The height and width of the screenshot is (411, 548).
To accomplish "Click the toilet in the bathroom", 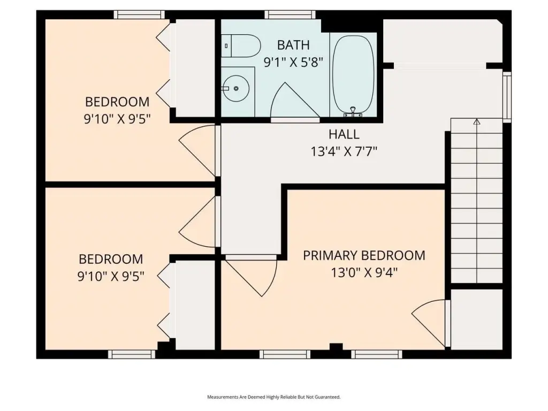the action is click(x=241, y=46).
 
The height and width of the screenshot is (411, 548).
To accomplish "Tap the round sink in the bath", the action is click(x=236, y=88).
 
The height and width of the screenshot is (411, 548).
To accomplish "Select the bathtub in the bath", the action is click(x=353, y=75).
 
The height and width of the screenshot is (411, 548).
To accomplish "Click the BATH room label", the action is click(x=293, y=45).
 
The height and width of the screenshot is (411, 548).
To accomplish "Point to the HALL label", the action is click(x=344, y=134).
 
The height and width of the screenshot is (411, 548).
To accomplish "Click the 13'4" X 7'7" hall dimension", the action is click(x=344, y=151).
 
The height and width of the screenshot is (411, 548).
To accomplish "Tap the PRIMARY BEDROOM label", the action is click(x=364, y=255).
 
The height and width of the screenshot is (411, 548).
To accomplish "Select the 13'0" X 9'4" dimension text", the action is click(x=364, y=272).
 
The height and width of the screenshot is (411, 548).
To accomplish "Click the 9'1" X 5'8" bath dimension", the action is click(x=293, y=63).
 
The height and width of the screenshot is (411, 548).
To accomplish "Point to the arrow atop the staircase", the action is click(x=476, y=122).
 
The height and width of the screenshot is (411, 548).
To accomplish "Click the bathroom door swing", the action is click(x=295, y=102).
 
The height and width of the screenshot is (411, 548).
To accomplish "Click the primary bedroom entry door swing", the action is click(x=250, y=276).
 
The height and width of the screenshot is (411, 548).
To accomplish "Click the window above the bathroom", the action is click(x=290, y=14).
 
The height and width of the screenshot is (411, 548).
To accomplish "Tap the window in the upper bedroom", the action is click(x=139, y=14).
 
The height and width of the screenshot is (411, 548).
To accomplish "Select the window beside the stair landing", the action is click(x=507, y=97).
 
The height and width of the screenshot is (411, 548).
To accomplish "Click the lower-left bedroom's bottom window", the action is click(x=132, y=354).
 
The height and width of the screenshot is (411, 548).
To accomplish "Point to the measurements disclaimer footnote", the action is click(x=273, y=397).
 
